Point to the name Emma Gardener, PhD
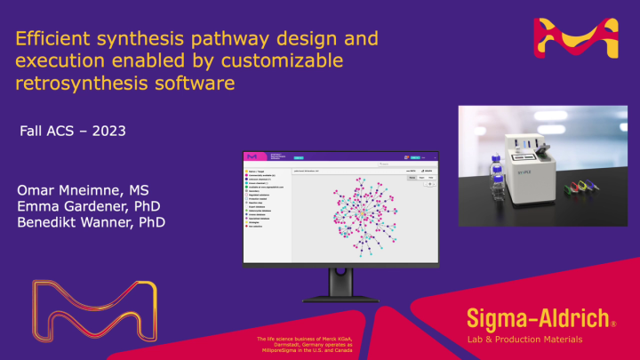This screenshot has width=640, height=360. pyautogui.click(x=84, y=206)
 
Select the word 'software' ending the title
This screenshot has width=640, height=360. pyautogui.click(x=200, y=84)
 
